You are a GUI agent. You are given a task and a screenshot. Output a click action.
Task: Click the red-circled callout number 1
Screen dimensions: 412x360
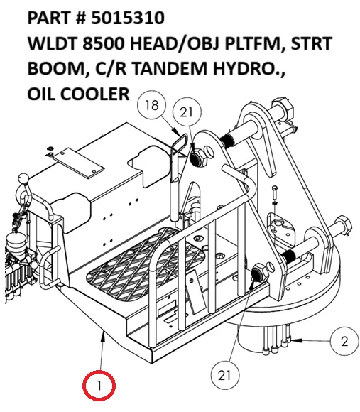tap(100, 386)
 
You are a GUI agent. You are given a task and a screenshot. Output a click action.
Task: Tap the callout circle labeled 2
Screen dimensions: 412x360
tap(344, 342)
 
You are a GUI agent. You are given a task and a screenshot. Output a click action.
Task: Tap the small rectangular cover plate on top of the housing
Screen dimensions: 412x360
tap(77, 163)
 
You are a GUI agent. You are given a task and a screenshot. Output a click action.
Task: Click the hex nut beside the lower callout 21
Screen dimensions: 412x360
tap(259, 273)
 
